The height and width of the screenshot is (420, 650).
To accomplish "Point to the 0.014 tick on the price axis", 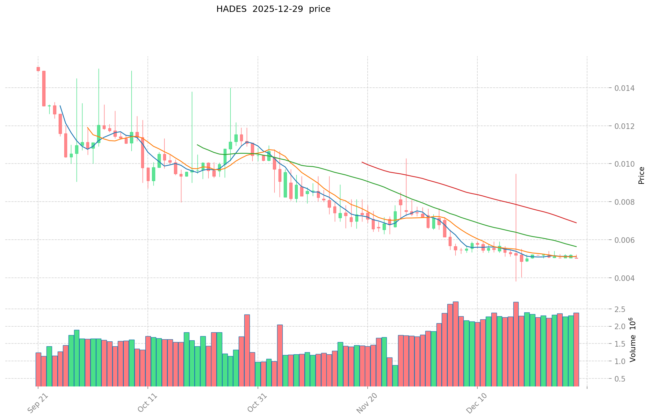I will (624, 88).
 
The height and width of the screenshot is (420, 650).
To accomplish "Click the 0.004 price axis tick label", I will (624, 278).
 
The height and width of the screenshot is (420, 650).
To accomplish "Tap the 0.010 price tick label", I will (624, 164).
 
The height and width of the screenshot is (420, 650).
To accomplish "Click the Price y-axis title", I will (641, 175).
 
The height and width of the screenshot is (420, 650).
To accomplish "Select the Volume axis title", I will (633, 340).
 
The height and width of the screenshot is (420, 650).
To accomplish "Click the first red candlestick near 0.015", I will (38, 69).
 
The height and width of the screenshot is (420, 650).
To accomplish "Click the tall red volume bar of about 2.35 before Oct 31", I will (247, 349).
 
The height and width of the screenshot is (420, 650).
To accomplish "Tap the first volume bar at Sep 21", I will (38, 369).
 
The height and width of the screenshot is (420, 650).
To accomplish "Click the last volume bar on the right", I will (576, 349).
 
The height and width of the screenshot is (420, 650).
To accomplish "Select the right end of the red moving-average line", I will (576, 223).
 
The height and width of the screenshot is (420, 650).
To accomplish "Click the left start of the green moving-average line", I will (197, 145).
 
